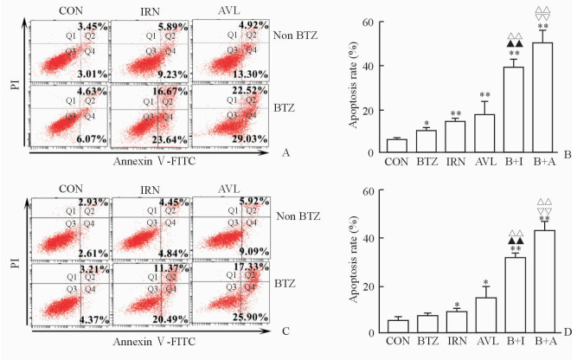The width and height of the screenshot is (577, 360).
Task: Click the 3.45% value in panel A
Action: (93, 29)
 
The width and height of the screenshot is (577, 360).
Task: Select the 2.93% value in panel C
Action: (93, 202)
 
